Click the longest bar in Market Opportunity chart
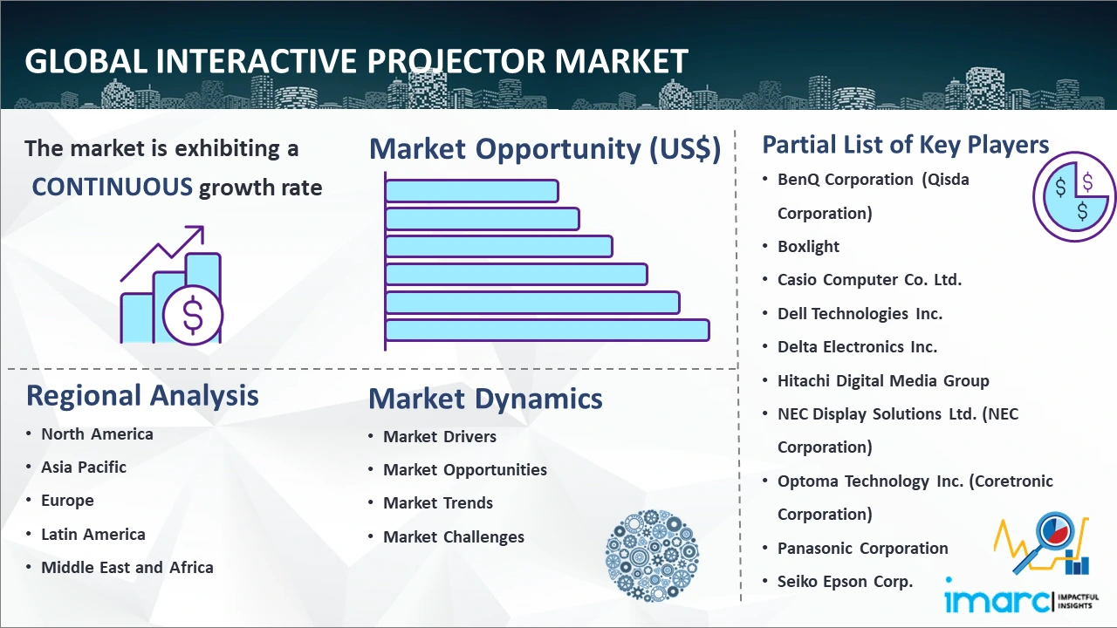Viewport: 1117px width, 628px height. tap(547, 331)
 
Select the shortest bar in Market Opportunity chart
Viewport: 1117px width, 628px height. tap(472, 191)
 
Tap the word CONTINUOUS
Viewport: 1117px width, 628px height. tap(113, 187)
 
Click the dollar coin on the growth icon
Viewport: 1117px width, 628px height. tap(193, 316)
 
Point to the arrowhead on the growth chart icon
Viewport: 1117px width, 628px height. tap(197, 233)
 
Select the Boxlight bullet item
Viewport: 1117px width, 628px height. tap(808, 246)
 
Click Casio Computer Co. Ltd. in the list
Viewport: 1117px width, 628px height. tap(869, 280)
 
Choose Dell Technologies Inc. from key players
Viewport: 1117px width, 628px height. tap(860, 313)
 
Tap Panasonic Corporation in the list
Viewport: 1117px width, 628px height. tap(863, 549)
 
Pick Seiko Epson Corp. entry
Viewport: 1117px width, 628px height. tap(846, 582)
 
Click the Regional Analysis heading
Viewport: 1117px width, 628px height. tap(142, 396)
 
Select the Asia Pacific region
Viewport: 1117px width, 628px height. tap(84, 467)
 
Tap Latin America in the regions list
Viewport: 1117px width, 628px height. tap(93, 535)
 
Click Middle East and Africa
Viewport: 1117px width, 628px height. tap(127, 567)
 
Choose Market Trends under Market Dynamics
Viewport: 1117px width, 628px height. tap(438, 503)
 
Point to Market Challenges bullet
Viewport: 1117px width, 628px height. tap(454, 536)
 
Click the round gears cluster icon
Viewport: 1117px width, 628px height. tap(652, 555)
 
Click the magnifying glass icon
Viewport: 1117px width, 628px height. tap(1046, 540)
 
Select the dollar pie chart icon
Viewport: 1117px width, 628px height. tap(1073, 197)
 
